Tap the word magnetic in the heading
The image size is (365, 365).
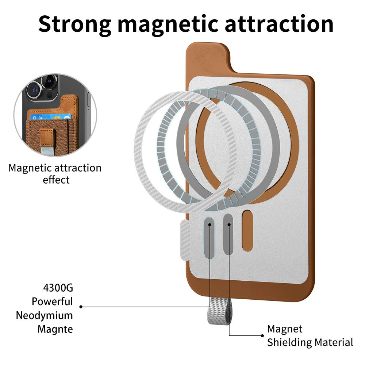click(x=168, y=25)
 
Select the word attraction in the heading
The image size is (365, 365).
click(x=279, y=24)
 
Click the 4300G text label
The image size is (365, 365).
click(x=58, y=288)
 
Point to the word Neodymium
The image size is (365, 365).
click(x=44, y=316)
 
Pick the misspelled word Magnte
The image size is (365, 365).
click(x=55, y=329)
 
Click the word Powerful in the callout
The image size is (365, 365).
click(x=52, y=301)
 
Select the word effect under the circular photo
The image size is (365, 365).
click(x=56, y=180)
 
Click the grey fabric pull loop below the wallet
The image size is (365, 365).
click(x=219, y=312)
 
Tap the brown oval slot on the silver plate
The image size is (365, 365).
click(x=247, y=231)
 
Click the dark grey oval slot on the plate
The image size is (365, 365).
click(x=228, y=234)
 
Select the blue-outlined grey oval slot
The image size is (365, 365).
click(x=209, y=238)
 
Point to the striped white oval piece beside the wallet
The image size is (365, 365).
click(x=185, y=240)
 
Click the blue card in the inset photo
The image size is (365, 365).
click(x=50, y=117)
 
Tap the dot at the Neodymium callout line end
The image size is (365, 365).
click(x=81, y=307)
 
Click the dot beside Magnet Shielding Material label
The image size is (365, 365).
click(x=262, y=336)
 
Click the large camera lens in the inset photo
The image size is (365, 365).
click(x=35, y=89)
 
